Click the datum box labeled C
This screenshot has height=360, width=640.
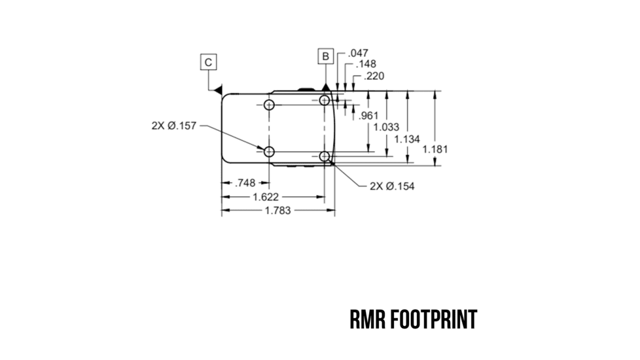208,62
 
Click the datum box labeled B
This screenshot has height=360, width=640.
325,56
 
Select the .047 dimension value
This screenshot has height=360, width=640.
359,53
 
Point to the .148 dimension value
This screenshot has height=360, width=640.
365,64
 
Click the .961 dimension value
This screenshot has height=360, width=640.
369,116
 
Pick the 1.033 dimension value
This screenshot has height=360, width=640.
387,127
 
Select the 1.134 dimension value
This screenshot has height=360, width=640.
407,138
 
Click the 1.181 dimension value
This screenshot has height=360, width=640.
435,149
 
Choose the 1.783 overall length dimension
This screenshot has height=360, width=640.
277,210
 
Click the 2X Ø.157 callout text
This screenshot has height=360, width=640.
174,126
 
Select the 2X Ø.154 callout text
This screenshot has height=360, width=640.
392,186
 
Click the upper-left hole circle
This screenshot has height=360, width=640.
268,105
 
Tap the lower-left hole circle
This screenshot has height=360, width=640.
268,152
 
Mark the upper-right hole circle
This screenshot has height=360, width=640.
325,101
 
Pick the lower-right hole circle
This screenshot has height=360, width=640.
325,156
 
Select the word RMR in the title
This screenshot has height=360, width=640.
368,320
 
